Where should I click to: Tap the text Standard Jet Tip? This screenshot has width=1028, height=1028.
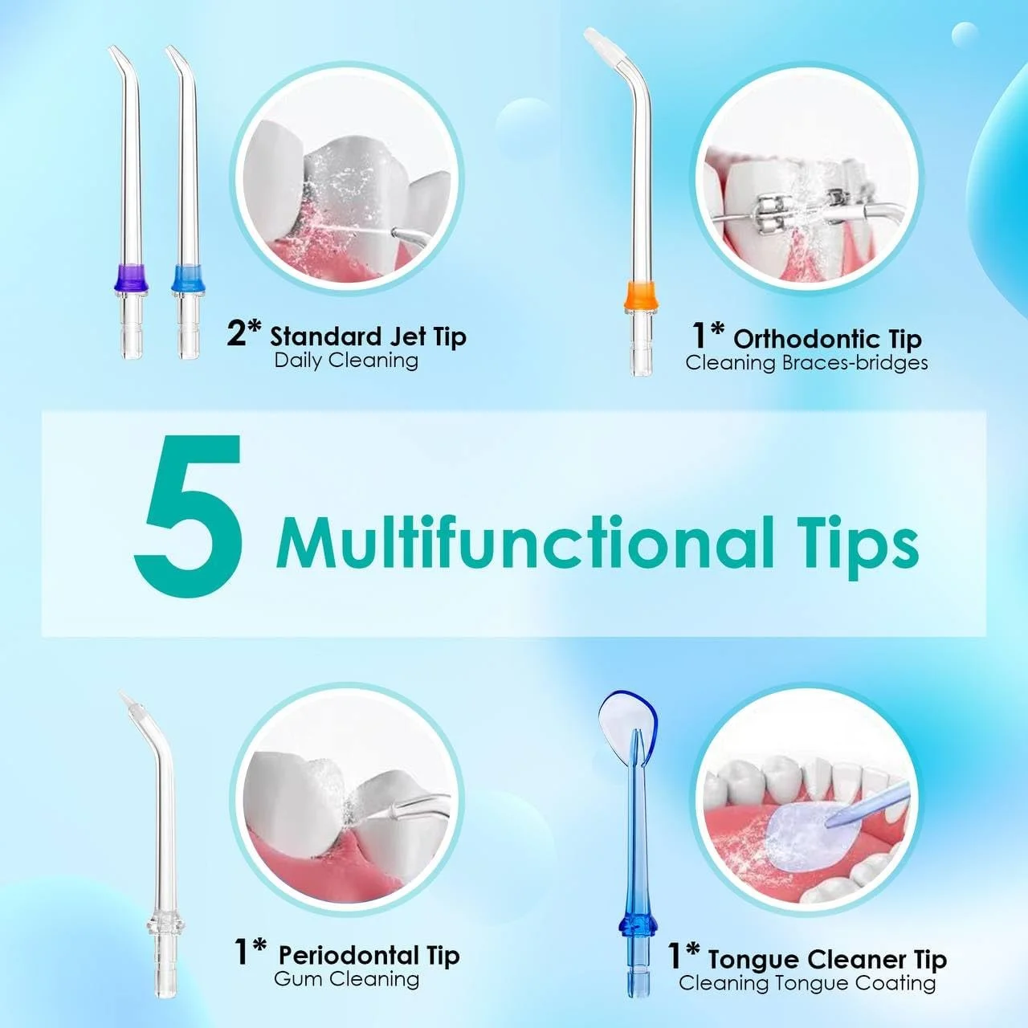click(368, 337)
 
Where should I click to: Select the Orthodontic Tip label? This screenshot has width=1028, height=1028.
click(828, 339)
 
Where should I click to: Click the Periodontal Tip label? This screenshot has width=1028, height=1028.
click(369, 954)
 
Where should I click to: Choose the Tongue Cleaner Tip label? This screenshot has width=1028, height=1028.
click(827, 959)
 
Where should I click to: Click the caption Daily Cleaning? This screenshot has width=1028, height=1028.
click(346, 361)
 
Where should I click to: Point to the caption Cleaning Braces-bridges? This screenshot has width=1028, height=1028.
click(806, 363)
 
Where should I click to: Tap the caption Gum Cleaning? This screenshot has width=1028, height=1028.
click(347, 978)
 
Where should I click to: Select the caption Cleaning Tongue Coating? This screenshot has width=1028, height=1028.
click(807, 983)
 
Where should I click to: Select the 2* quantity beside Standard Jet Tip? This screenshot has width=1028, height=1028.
click(244, 334)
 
